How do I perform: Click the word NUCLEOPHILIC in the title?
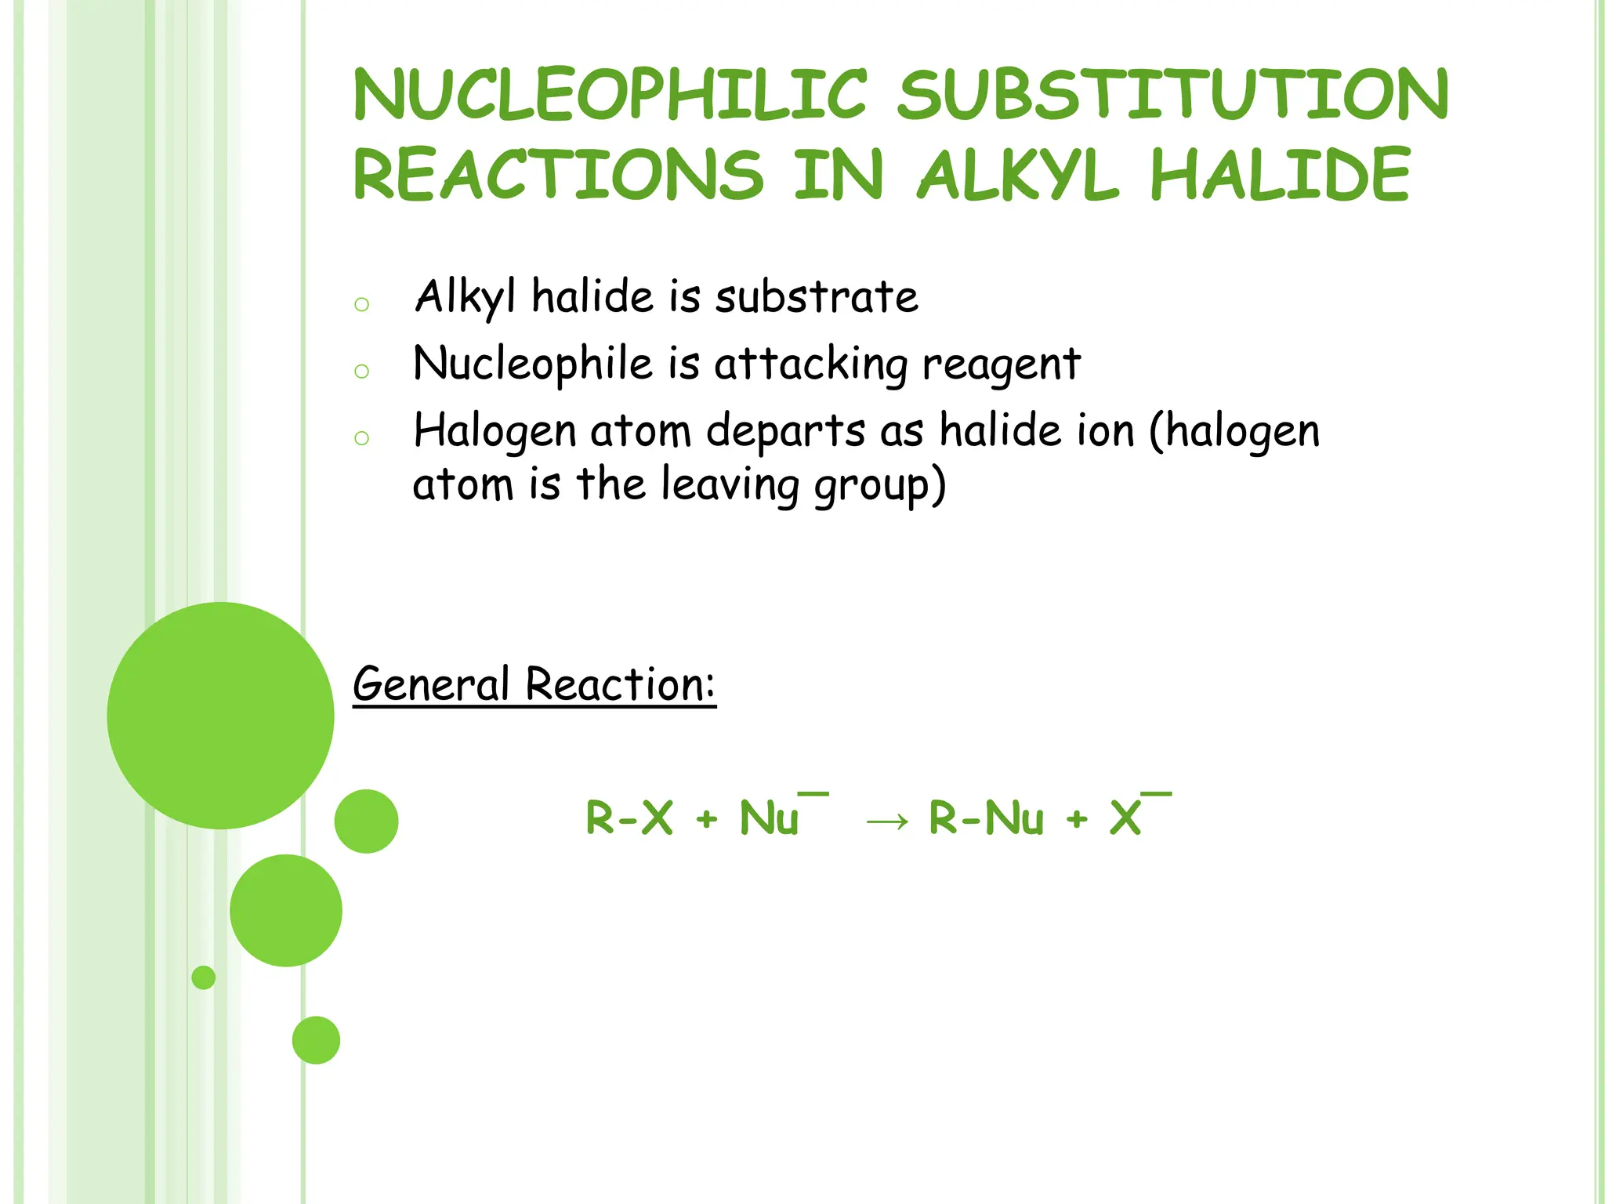click(610, 95)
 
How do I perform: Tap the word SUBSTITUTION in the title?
click(1173, 95)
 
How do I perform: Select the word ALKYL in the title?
click(1017, 175)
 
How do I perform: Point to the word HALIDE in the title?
click(1280, 175)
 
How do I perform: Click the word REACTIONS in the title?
click(558, 175)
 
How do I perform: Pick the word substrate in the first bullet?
click(817, 298)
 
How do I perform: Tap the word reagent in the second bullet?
click(1002, 366)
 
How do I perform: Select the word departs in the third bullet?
click(786, 433)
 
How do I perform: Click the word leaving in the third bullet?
click(730, 486)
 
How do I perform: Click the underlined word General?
click(432, 684)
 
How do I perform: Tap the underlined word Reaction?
click(620, 684)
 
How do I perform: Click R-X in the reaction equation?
click(629, 818)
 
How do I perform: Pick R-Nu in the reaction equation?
click(986, 818)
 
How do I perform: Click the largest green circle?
click(221, 715)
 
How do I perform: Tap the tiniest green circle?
click(204, 977)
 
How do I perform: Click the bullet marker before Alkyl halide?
click(361, 304)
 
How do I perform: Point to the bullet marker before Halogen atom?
click(361, 437)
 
